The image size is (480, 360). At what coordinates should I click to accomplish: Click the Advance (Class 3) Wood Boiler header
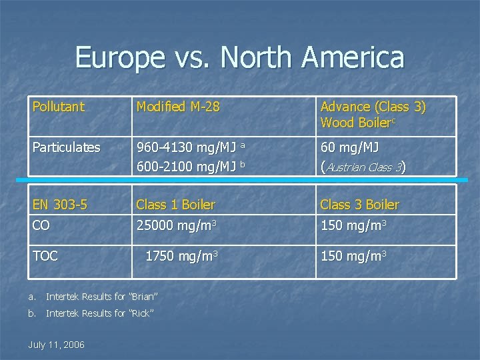(x=373, y=114)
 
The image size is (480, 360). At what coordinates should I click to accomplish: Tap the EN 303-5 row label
(x=61, y=204)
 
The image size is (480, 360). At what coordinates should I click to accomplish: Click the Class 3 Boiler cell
(x=360, y=204)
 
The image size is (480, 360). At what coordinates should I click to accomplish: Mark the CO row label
(x=42, y=226)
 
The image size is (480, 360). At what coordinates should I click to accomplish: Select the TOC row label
(x=45, y=255)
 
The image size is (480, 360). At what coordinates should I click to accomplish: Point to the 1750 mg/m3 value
(x=182, y=256)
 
